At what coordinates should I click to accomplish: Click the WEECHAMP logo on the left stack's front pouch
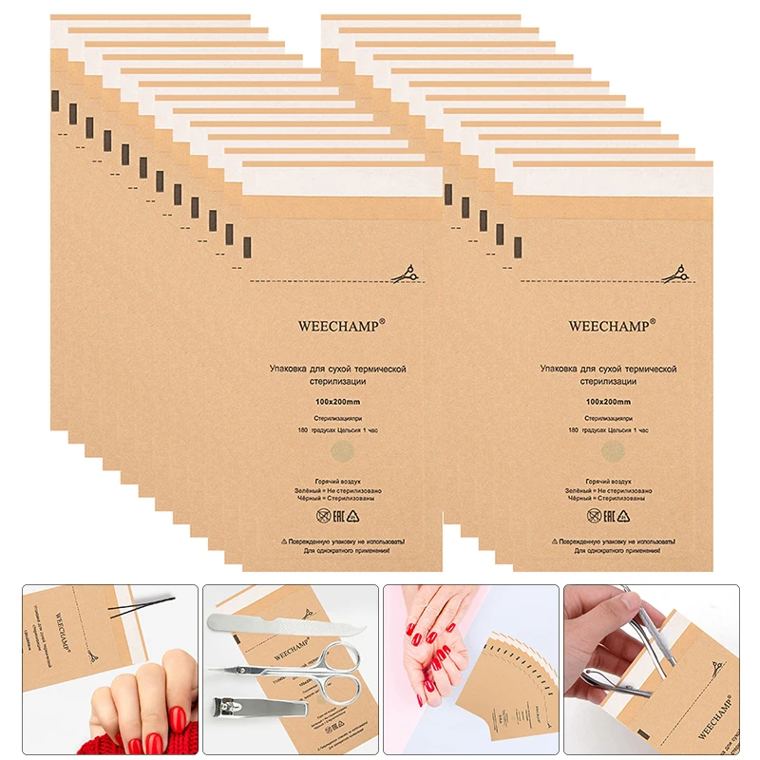(342, 325)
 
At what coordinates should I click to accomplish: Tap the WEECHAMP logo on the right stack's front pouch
(612, 325)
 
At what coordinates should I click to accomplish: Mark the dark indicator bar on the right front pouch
(518, 248)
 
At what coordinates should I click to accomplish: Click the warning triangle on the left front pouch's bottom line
(285, 539)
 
